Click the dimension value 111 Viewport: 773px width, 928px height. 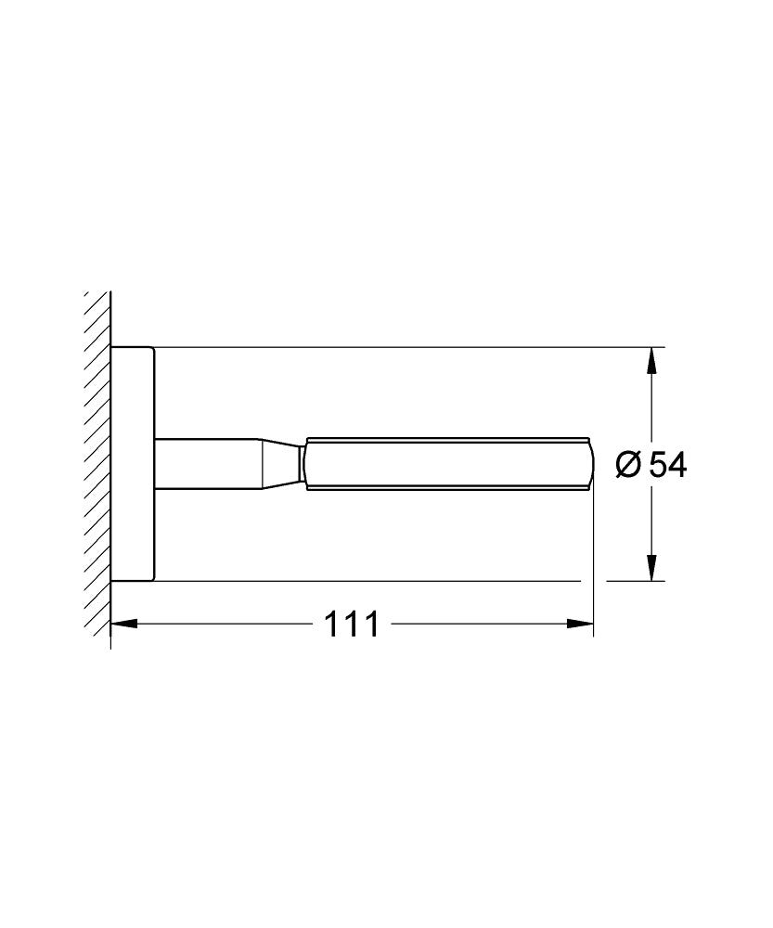click(x=351, y=625)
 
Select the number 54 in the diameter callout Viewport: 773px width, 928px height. click(x=666, y=464)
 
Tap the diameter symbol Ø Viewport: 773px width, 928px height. click(x=627, y=464)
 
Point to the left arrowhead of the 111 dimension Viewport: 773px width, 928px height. click(x=122, y=624)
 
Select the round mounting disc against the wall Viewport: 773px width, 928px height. click(x=133, y=464)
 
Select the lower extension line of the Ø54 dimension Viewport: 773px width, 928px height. click(x=371, y=581)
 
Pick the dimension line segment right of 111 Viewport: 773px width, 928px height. click(x=483, y=624)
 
